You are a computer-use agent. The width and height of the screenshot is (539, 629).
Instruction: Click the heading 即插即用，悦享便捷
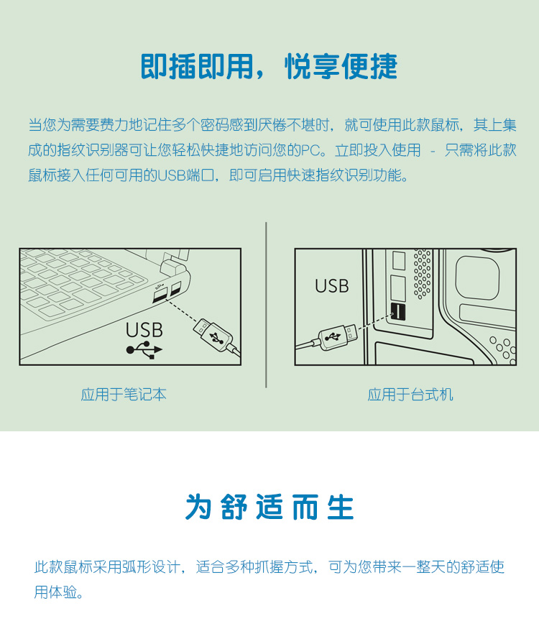tap(269, 67)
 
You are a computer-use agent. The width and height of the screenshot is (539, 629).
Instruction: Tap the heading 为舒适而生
tap(269, 507)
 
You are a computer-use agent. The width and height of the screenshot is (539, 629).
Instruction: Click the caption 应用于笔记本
tap(124, 395)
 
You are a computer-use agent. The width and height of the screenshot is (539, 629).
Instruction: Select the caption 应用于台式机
tap(410, 395)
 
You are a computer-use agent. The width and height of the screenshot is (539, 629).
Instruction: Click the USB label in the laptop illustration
tap(144, 330)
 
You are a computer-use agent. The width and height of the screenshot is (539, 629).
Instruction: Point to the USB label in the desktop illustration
tap(331, 286)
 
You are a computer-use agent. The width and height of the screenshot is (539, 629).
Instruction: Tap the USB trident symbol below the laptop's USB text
tap(144, 350)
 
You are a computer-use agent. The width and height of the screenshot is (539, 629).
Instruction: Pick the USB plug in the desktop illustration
tap(338, 336)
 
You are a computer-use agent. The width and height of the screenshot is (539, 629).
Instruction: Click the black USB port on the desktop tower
tap(398, 312)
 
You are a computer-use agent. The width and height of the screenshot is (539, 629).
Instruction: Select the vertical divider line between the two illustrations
tap(266, 305)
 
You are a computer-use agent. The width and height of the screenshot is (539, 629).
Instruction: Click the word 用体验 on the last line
tap(55, 592)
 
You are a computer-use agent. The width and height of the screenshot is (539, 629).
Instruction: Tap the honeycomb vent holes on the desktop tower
tap(423, 274)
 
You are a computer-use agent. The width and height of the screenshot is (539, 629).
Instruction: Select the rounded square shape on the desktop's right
tap(478, 277)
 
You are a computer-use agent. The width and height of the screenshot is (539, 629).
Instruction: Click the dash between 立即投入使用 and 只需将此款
tap(433, 152)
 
